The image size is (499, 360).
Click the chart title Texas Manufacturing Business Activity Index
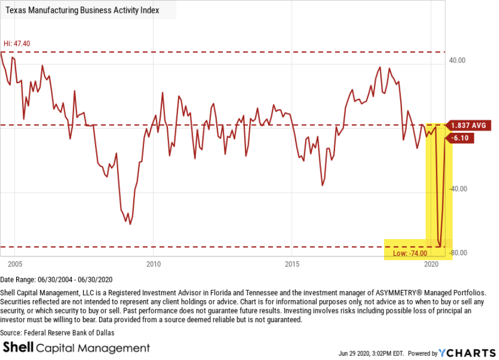point(83,10)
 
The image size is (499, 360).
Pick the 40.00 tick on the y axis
point(457,60)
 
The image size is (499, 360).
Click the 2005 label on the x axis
point(15,264)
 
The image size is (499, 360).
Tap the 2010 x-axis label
point(154,264)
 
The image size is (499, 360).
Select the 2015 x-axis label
point(292,264)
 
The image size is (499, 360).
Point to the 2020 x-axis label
point(430,264)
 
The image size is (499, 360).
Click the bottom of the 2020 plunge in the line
point(440,247)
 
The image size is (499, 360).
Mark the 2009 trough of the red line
point(130,223)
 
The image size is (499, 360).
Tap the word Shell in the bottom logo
point(21,348)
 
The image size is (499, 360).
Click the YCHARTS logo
point(467,353)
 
